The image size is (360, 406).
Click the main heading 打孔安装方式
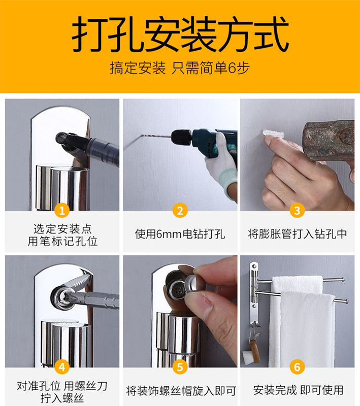[180, 34]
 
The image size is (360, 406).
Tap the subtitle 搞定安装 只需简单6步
[180, 68]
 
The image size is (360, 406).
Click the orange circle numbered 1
[62, 211]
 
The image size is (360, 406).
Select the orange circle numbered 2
[180, 211]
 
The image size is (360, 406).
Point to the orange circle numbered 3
[297, 211]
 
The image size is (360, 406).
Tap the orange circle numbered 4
[62, 367]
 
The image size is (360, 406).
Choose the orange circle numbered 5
[180, 367]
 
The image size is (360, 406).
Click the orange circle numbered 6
[297, 367]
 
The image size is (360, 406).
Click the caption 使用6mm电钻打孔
[180, 234]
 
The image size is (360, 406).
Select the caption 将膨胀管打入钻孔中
[298, 234]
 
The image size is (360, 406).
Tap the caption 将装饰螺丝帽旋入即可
[181, 391]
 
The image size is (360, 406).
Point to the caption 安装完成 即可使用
[299, 390]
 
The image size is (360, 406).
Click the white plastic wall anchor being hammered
[274, 134]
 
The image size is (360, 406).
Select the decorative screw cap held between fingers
[195, 284]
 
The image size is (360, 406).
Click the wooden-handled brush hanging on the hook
[251, 351]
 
